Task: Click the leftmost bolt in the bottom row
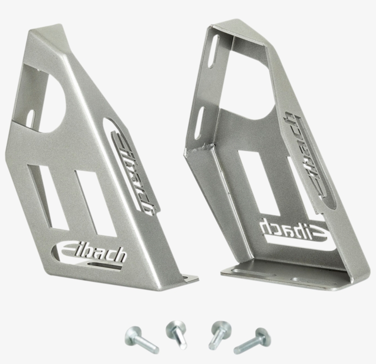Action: click(x=141, y=339)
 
